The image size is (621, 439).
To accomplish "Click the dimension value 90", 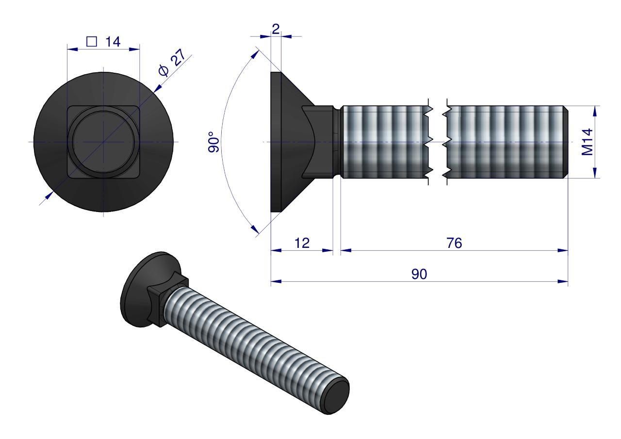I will pos(419,274).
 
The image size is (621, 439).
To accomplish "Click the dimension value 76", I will pos(455,244).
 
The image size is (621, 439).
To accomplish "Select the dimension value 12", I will pos(302,244).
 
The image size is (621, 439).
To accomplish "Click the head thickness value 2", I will pos(276,29).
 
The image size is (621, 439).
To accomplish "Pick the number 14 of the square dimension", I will pos(113,42).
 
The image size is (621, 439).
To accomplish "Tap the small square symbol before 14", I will pos(91,42).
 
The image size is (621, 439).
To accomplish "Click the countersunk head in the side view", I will pos(291,142).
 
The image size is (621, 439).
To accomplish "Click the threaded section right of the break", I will pos(505,142).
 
